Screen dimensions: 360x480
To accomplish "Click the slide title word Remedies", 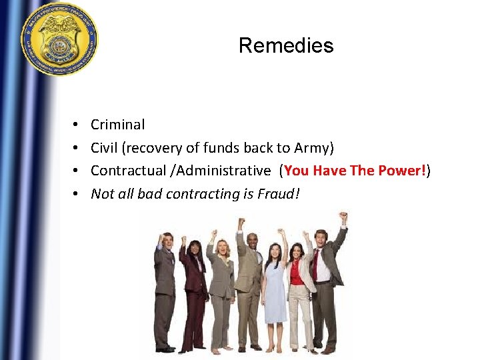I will coord(286,45).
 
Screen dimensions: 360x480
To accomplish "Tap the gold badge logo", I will coord(59,39).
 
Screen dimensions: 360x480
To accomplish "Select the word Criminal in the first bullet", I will coord(117,125).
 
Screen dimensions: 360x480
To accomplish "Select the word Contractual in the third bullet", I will coord(123,171).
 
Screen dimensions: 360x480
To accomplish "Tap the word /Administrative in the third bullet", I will coord(220,171).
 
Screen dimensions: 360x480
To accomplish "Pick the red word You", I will coord(297,171).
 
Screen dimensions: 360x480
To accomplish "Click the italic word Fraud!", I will coord(281,194).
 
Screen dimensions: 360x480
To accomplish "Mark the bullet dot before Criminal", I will coord(77,125).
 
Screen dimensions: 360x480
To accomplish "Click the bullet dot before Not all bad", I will coord(77,194).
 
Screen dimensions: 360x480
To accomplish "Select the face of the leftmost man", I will coord(168,241).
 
